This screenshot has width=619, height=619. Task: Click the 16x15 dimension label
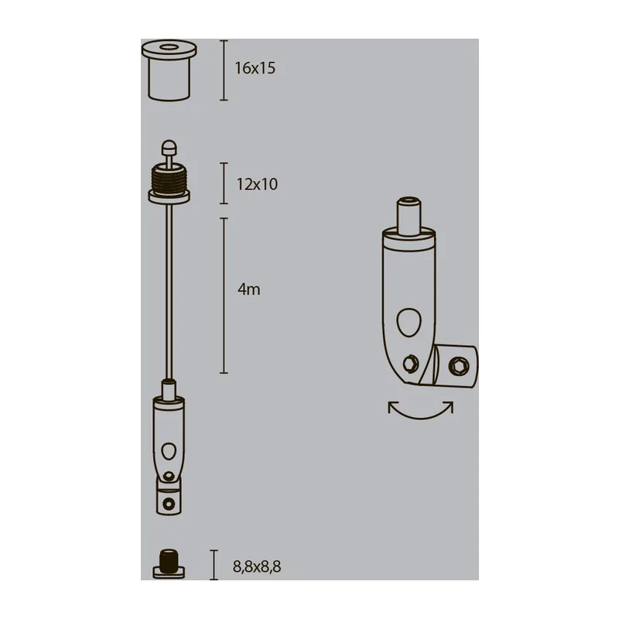(x=255, y=68)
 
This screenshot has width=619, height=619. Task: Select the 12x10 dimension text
(x=257, y=184)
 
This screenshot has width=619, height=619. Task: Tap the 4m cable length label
(x=248, y=289)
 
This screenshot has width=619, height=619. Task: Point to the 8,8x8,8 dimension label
(x=257, y=567)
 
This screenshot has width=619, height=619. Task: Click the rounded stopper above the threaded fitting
(x=169, y=147)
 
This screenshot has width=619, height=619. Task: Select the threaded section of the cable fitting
(x=169, y=179)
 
